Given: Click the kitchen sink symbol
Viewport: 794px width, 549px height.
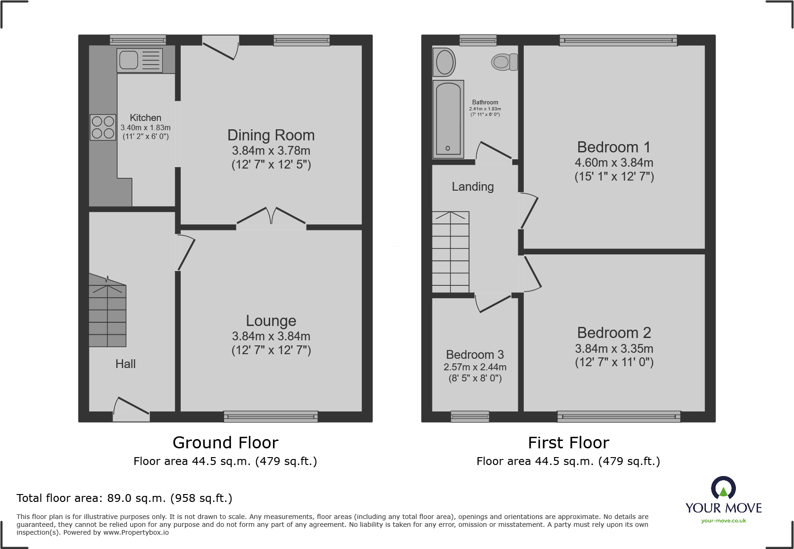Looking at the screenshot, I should [x=139, y=60].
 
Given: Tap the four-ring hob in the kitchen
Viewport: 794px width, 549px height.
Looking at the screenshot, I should [x=103, y=127].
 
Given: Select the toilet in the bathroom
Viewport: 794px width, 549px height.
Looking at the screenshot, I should [x=504, y=62].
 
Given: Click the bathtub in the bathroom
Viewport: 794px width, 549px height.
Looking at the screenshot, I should [x=448, y=119].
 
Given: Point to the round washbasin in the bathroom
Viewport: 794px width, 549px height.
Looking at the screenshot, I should [x=444, y=62].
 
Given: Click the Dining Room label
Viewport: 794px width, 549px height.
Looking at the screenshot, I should [x=271, y=135].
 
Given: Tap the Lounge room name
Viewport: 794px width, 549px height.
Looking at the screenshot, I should [x=271, y=321].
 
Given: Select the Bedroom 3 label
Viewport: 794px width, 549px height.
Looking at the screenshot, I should [x=474, y=355].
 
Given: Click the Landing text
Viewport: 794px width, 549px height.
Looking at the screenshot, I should [x=473, y=187].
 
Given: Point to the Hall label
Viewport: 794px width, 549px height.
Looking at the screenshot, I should [x=125, y=364].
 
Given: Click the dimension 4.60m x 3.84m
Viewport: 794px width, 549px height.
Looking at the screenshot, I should [x=614, y=163].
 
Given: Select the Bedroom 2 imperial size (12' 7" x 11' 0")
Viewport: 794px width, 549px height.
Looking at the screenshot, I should [x=614, y=362].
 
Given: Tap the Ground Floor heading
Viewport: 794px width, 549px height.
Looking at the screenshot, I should [x=225, y=443].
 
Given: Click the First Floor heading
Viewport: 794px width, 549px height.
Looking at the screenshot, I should [x=568, y=443].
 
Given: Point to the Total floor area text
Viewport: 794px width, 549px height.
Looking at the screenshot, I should [x=124, y=498].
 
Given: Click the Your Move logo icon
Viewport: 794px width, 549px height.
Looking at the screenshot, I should [x=723, y=488].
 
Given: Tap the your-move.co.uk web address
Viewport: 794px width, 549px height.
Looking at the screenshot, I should [x=723, y=521].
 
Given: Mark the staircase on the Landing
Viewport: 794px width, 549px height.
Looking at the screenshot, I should [x=450, y=252].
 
